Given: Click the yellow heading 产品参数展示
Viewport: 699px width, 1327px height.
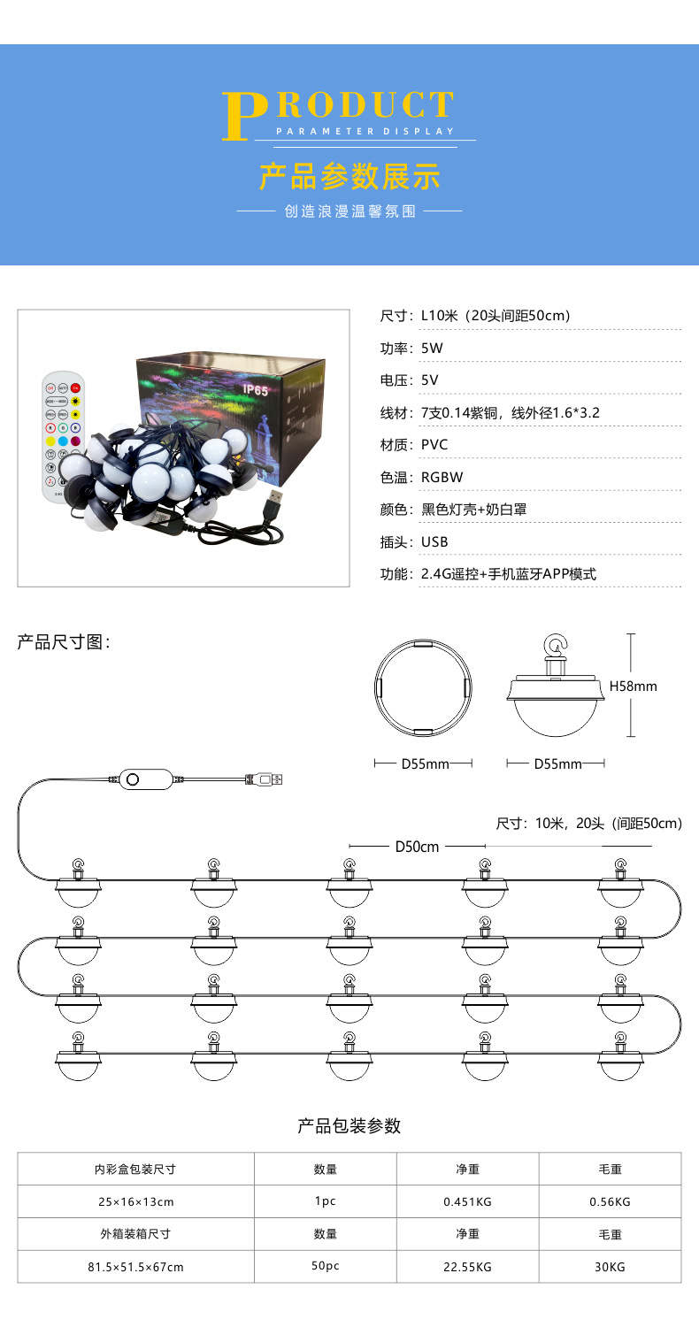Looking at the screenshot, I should pos(349,176).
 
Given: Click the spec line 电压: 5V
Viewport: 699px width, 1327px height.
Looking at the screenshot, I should pos(410,381).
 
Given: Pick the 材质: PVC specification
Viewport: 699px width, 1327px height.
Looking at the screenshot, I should pos(414,445).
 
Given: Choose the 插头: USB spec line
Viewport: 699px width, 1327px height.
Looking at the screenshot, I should pos(414,541).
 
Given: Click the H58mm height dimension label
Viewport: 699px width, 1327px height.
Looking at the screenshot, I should pos(634,686).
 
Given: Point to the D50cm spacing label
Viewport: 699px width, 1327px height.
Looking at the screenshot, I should pos(417,847).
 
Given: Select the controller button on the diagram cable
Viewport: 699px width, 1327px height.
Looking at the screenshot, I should pos(133,779).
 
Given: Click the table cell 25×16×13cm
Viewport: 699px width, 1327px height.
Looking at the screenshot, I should pos(135,1201).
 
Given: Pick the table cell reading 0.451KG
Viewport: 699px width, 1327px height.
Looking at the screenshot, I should pos(467,1201).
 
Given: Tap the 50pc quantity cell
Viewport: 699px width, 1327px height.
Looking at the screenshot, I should pos(325,1267).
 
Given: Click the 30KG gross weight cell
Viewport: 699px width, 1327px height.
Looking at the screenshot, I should pos(610,1267).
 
